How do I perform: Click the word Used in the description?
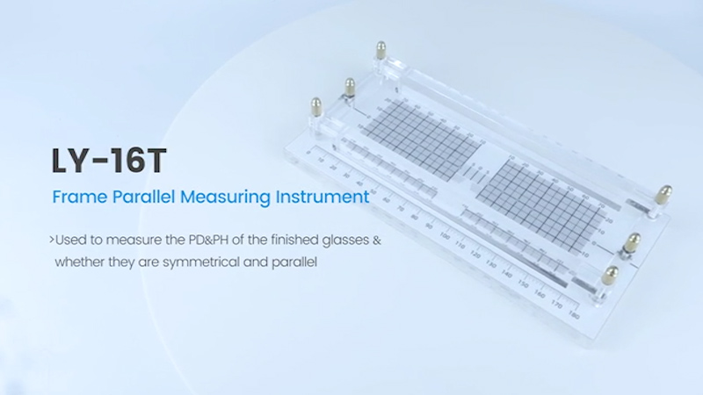73,240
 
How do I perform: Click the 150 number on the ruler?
523,284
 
